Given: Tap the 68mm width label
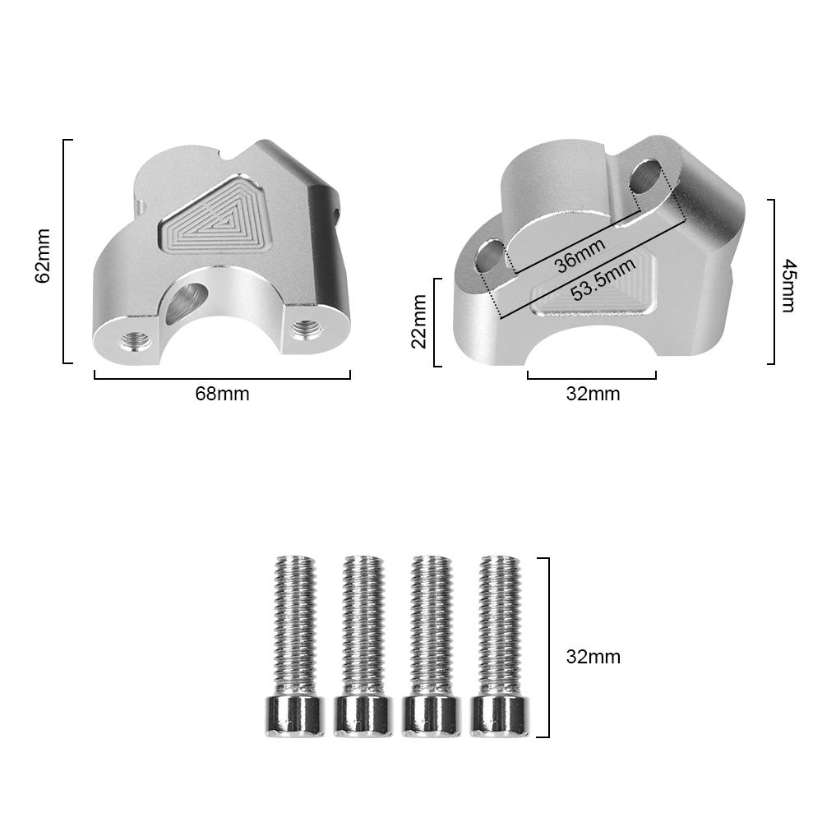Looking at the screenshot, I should pos(222,394).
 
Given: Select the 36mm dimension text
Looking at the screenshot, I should pos(580,255).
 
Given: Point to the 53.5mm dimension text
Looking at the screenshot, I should pos(603,279).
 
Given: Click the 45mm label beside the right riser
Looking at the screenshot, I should pos(787,284).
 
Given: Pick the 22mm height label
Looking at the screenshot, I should pos(419,321).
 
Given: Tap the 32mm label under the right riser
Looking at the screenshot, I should pos(593,394).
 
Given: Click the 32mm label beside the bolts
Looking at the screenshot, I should pos(593,657).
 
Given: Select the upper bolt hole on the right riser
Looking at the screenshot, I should pos(649,176).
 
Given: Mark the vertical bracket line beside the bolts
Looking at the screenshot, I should pos(547,647).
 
